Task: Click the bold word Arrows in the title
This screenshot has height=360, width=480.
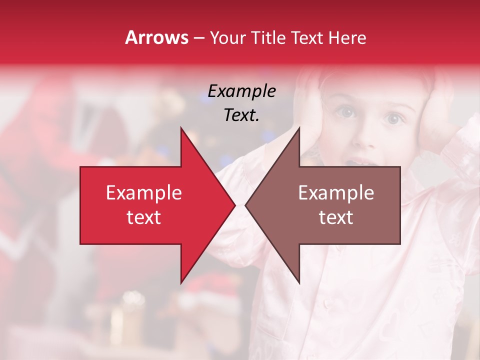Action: (156, 37)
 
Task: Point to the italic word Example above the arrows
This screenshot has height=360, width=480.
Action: (241, 91)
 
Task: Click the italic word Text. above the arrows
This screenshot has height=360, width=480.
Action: (241, 115)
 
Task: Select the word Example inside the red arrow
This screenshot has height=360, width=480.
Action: (144, 193)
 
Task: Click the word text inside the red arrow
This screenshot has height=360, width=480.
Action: (144, 217)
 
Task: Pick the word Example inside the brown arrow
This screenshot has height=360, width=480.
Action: (336, 193)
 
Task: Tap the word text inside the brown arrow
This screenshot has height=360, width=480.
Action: (336, 217)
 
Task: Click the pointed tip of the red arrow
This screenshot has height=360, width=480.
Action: (234, 205)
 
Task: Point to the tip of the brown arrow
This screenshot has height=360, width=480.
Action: (246, 205)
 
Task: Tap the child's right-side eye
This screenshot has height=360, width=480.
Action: (393, 118)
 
